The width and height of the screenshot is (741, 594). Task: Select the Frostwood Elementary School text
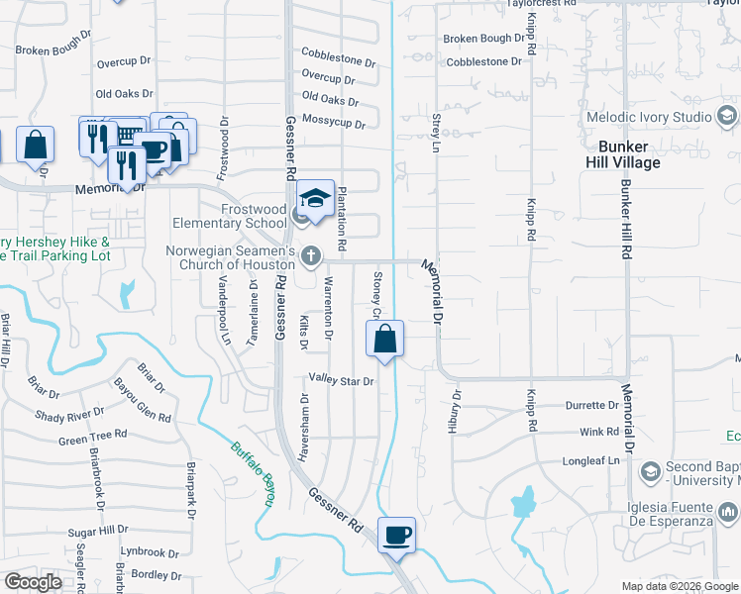tap(229, 216)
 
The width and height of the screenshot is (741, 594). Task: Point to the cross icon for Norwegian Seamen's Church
tap(311, 256)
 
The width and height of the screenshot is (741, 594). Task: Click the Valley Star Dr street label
tap(341, 380)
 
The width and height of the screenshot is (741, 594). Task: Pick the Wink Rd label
tap(598, 432)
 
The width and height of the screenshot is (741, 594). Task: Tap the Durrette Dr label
tap(591, 405)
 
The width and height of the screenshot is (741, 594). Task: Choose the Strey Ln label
tap(436, 132)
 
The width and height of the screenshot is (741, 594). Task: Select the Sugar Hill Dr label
tap(97, 532)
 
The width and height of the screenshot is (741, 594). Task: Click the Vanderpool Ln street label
tap(226, 313)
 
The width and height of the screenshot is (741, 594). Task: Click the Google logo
tap(33, 582)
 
